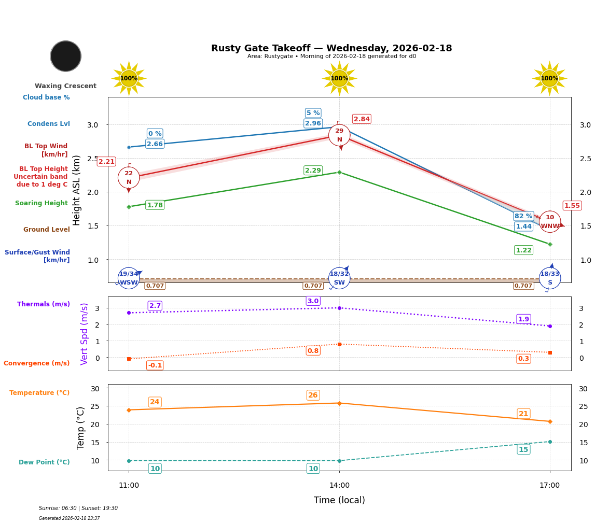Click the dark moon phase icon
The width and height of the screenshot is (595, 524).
pyautogui.click(x=66, y=56)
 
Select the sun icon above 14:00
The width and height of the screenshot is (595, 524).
pyautogui.click(x=339, y=78)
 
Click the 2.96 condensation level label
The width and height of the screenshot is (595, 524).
pyautogui.click(x=313, y=123)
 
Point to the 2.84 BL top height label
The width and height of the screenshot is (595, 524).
pyautogui.click(x=362, y=119)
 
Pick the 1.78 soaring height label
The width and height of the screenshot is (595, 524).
pyautogui.click(x=155, y=205)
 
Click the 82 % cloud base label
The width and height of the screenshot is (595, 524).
pyautogui.click(x=523, y=216)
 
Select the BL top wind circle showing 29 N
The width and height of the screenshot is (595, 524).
pyautogui.click(x=339, y=135)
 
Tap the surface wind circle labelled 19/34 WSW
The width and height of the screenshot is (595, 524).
pyautogui.click(x=129, y=278)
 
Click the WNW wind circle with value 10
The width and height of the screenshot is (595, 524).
pyautogui.click(x=550, y=222)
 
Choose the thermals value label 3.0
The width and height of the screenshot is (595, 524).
pyautogui.click(x=313, y=301)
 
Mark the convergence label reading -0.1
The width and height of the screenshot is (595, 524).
pyautogui.click(x=155, y=365)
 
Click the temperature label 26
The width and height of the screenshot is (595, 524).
pyautogui.click(x=313, y=395)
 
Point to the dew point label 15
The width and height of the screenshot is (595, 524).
pyautogui.click(x=523, y=449)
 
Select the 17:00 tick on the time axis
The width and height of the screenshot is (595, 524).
pyautogui.click(x=550, y=486)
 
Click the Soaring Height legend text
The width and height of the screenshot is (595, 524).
pyautogui.click(x=41, y=203)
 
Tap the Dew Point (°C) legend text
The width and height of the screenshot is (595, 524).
pyautogui.click(x=44, y=462)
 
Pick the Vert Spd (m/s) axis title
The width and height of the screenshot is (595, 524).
pyautogui.click(x=85, y=334)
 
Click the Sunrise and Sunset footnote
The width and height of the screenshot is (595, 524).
pyautogui.click(x=78, y=508)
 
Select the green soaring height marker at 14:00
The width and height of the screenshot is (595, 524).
pyautogui.click(x=339, y=172)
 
